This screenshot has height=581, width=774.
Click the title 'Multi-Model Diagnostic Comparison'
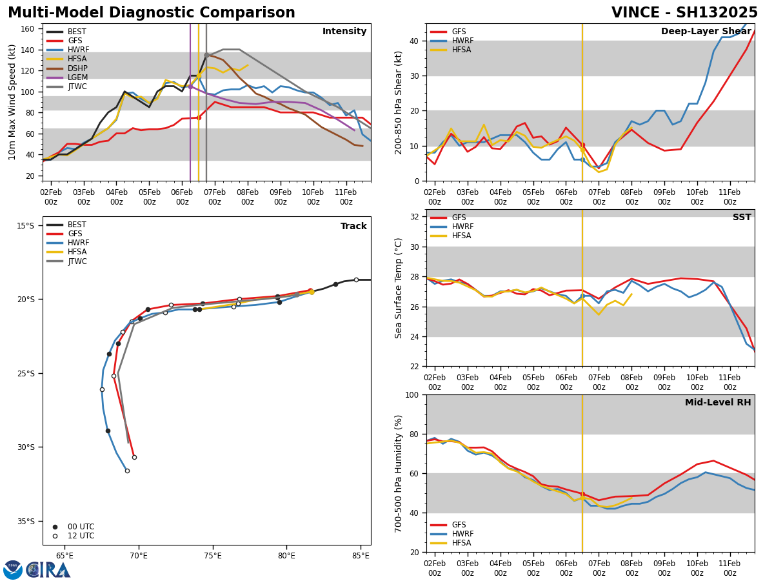tap(151, 13)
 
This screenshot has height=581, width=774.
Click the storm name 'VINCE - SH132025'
tap(684, 13)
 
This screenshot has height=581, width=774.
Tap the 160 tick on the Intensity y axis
tap(27, 29)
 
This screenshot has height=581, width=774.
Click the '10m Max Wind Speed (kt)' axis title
tap(12, 102)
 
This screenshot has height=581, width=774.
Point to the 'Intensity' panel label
tap(344, 32)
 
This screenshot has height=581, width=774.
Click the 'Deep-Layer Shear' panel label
tap(706, 32)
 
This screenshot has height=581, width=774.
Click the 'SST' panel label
tap(741, 218)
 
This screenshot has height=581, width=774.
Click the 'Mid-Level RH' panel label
tap(717, 403)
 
